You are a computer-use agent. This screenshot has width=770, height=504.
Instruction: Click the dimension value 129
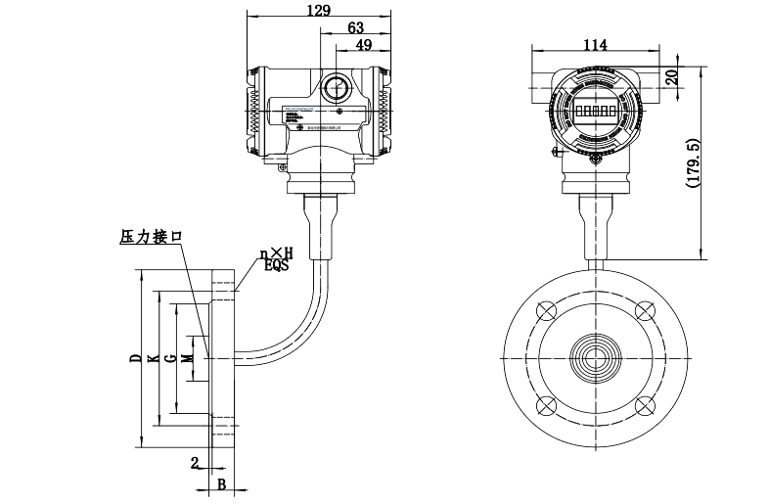318,10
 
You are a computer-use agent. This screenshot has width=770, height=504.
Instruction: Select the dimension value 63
356,27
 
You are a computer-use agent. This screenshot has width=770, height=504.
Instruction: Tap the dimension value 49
363,45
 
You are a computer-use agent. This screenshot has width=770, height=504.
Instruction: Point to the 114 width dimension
595,44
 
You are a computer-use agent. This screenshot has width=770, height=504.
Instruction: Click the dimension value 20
670,77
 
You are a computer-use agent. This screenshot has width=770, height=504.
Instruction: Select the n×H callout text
276,253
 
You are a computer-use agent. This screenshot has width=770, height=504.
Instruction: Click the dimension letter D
134,359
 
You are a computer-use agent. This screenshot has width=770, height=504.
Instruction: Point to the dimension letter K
152,359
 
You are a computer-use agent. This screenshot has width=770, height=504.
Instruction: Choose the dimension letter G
170,359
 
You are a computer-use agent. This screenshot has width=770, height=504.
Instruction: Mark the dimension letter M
189,359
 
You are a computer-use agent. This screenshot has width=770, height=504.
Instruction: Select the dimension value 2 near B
195,462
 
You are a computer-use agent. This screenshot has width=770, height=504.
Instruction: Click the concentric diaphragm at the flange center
595,358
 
